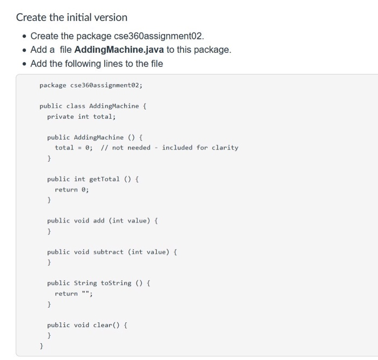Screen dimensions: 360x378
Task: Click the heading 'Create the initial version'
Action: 72,17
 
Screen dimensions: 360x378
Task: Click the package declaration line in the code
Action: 91,85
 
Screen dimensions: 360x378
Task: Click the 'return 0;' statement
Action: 72,189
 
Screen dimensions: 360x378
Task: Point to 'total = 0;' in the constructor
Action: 73,148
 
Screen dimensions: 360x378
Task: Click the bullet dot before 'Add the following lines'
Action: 23,64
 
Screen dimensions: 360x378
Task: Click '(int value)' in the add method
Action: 130,221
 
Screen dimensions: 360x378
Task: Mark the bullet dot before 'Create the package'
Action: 23,36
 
